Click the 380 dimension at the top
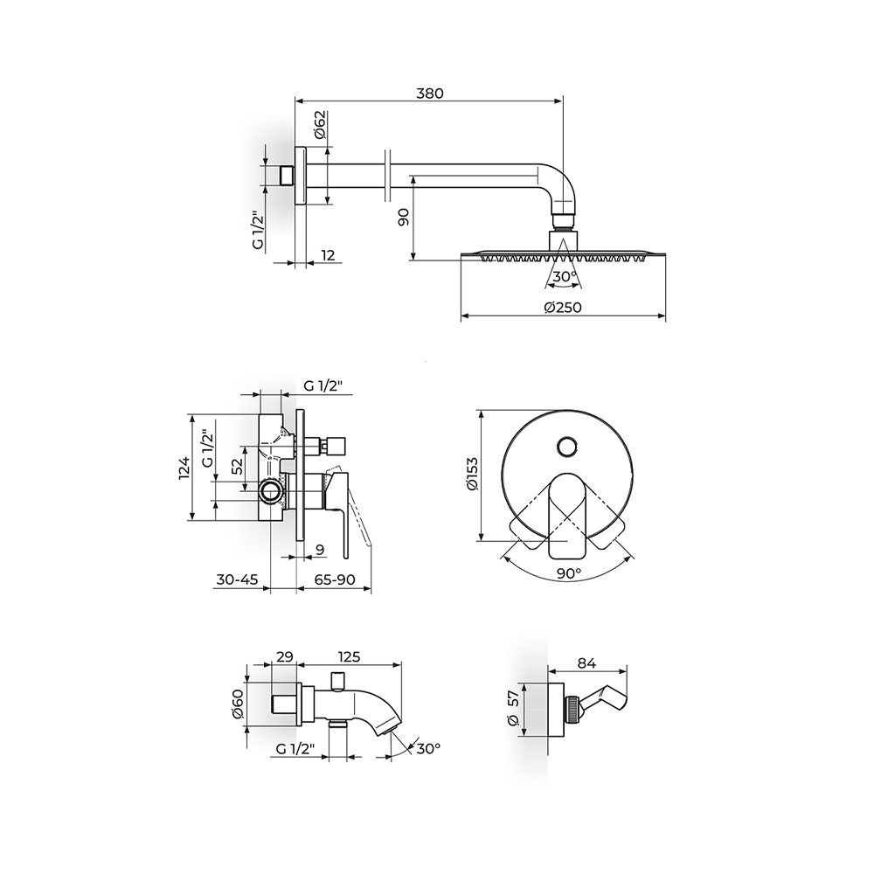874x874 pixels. (x=430, y=93)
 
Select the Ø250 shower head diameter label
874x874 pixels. (x=563, y=307)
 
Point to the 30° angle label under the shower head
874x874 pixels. (x=564, y=276)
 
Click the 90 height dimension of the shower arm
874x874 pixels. (x=404, y=216)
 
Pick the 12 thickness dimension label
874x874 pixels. (x=329, y=254)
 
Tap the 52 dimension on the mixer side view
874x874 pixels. (x=237, y=466)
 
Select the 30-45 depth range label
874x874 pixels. (x=237, y=579)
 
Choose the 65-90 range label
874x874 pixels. (x=335, y=579)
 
